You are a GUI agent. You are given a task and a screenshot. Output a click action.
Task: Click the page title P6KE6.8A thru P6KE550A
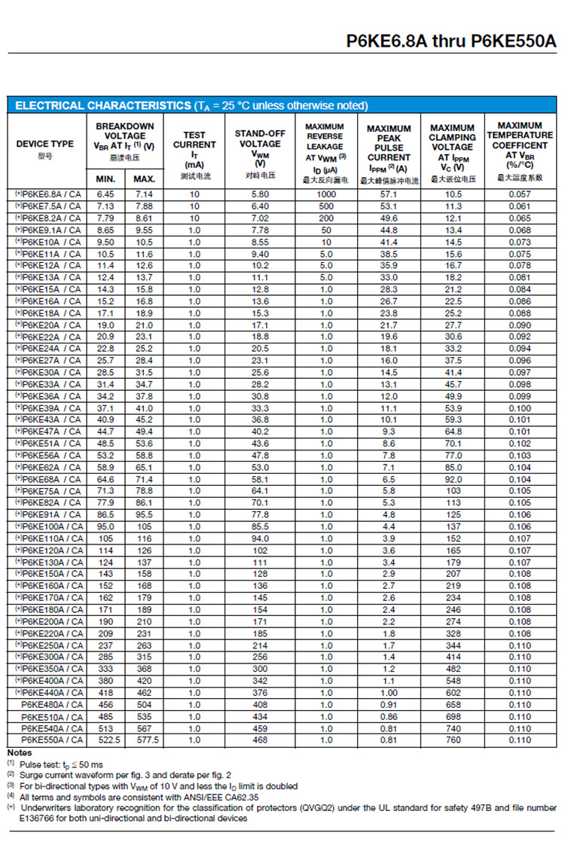click(x=451, y=41)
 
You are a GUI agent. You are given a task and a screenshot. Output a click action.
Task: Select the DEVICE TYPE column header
click(x=45, y=144)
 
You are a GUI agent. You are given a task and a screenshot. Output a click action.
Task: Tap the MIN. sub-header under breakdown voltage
click(x=105, y=179)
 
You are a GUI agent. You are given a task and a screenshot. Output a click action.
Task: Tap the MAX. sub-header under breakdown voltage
click(x=144, y=179)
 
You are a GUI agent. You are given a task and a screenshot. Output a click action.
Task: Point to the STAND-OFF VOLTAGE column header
click(x=260, y=144)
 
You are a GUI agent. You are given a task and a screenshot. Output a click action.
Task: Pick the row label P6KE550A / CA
click(x=52, y=740)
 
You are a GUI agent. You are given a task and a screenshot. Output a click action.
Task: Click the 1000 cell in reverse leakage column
click(x=325, y=194)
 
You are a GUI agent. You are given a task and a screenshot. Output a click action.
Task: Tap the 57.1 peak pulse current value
click(x=389, y=194)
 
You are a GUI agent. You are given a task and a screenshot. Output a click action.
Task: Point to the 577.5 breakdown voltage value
click(x=144, y=740)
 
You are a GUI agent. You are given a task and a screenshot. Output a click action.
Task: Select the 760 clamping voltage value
click(x=453, y=740)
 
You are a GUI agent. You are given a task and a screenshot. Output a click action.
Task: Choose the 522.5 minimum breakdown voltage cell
click(x=105, y=740)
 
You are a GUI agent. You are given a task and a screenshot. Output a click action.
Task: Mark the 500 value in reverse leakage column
click(x=325, y=206)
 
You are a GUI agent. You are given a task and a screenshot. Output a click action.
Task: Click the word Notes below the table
click(x=20, y=752)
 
